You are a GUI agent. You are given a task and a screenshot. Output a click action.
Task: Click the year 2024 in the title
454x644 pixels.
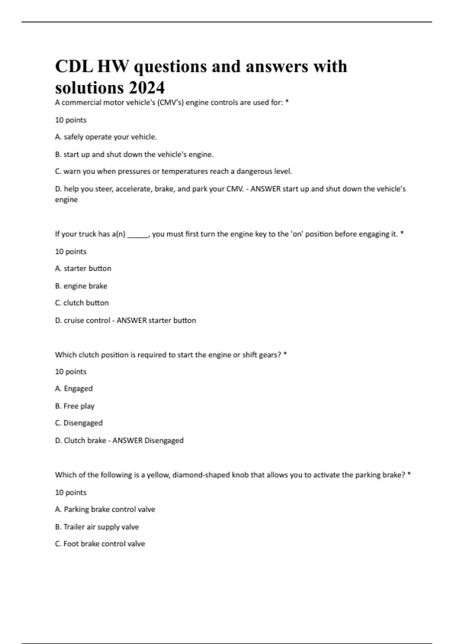(x=146, y=88)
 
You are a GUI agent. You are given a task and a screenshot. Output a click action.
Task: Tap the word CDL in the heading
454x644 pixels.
(x=74, y=67)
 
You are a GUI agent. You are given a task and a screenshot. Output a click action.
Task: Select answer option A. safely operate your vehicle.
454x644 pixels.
(x=106, y=137)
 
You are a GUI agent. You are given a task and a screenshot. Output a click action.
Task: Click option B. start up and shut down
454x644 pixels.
(x=134, y=155)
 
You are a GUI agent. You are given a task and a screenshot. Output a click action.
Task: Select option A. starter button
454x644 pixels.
(x=83, y=268)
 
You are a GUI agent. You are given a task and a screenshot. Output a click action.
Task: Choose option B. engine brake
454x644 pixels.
(x=81, y=286)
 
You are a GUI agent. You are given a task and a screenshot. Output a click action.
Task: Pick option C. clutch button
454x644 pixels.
(x=82, y=303)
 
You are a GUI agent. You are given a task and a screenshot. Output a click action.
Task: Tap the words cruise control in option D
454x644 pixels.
(x=87, y=320)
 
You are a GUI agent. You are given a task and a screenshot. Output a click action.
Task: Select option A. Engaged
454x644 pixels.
(x=74, y=388)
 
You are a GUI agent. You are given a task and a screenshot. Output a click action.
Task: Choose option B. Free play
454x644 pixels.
(x=75, y=406)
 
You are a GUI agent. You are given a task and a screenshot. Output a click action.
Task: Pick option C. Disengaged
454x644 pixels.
(x=79, y=423)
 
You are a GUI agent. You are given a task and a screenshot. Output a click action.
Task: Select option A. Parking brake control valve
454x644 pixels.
(x=105, y=509)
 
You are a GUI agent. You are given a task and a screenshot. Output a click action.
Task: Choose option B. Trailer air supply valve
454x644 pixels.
(x=97, y=527)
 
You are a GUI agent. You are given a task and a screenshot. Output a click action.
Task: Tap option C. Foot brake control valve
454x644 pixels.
(x=100, y=544)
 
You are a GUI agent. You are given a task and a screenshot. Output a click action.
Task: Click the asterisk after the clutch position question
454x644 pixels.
(x=285, y=354)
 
